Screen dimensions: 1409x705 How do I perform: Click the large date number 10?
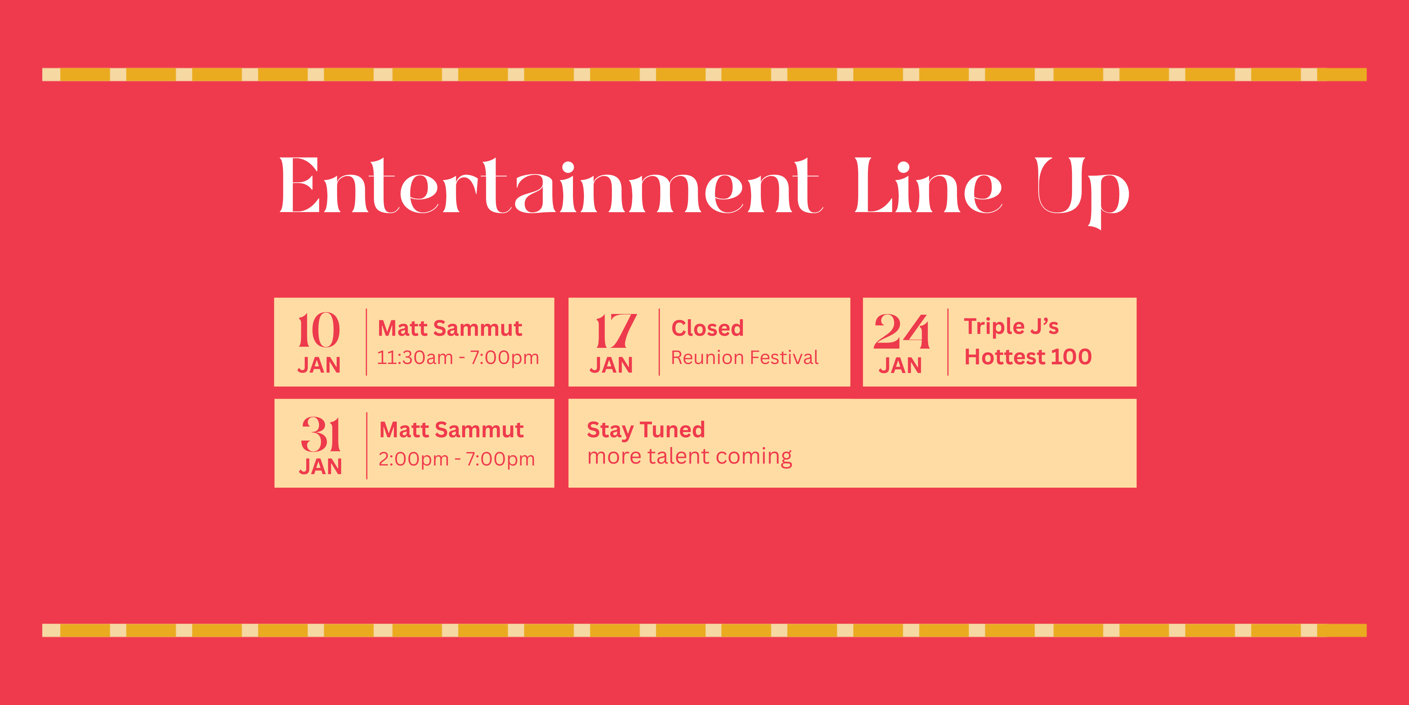[319, 330]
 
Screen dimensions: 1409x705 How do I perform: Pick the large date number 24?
[901, 331]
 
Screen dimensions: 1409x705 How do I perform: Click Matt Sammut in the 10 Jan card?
[450, 328]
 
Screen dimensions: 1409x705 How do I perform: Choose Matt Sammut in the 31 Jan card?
[452, 430]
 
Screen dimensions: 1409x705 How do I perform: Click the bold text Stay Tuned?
[646, 430]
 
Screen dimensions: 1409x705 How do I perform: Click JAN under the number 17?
[611, 365]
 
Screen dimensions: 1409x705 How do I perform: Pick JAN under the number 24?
[900, 365]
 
